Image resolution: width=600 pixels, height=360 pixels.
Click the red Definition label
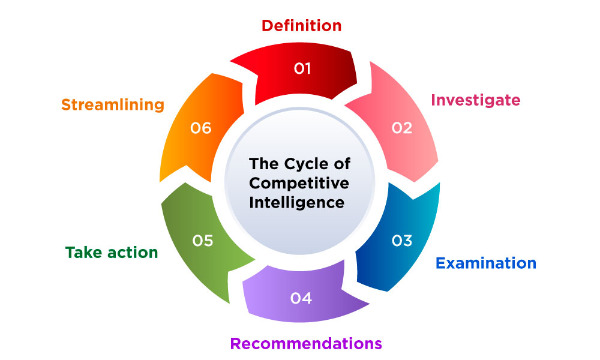pos(302,26)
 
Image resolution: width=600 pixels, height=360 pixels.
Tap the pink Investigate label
pos(476,100)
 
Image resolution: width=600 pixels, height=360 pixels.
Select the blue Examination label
pos(485,263)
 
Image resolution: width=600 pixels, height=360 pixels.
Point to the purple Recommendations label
pos(306,343)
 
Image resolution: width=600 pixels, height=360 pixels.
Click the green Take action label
pos(112,253)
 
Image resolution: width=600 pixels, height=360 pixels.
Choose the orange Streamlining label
pos(113,104)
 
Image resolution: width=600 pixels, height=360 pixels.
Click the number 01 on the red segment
pos(302,68)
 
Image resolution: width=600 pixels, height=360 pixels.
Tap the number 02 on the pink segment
pos(402,127)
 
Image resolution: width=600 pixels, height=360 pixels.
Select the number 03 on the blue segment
pos(402,241)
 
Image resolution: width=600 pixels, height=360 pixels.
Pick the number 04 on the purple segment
pos(301,298)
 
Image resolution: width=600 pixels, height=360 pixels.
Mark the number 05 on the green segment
pos(203,241)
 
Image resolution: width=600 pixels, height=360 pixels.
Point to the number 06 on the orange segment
pos(201,128)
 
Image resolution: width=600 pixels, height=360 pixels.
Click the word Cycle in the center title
pos(303,163)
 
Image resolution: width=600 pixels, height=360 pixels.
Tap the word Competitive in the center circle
pos(299,182)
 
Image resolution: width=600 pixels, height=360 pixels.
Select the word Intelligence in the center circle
pos(297,202)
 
